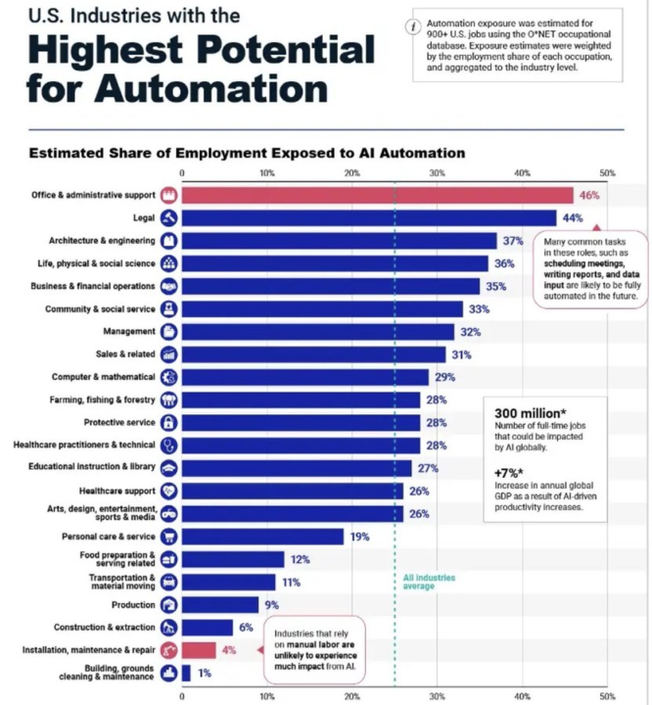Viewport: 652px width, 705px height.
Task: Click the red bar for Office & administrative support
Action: pos(377,195)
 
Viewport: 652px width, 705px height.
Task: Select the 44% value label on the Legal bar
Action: pos(571,217)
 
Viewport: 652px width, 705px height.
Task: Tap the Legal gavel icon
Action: pos(168,217)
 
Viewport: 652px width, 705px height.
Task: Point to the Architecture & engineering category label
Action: pos(102,240)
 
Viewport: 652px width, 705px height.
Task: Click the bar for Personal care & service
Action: pos(262,537)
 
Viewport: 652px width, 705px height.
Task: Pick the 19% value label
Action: pos(358,537)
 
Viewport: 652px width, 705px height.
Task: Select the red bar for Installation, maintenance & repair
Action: pos(199,650)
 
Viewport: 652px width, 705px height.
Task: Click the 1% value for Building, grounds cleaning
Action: pos(205,673)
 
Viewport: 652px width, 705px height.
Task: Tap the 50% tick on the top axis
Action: pos(607,172)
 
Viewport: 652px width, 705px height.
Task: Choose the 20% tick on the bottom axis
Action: pos(351,696)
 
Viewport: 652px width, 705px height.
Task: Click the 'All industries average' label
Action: pos(429,582)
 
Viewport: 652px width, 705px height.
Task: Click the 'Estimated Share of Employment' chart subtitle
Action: pos(247,153)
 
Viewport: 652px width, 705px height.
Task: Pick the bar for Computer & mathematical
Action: pos(305,377)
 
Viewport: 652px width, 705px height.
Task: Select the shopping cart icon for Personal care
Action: pos(168,537)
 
